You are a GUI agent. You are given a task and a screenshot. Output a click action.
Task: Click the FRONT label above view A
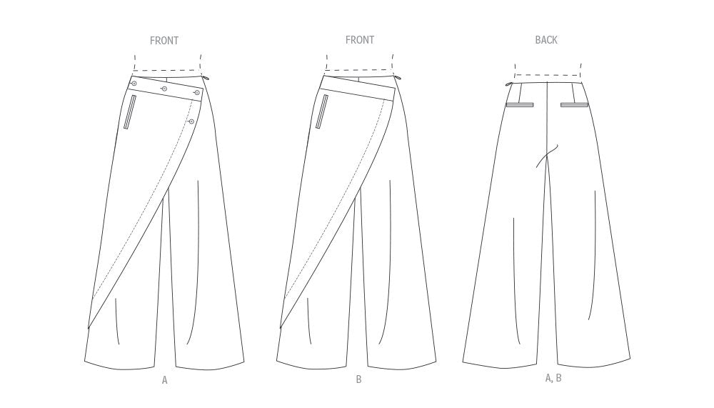pos(164,41)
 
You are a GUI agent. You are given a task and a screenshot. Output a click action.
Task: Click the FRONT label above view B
pos(360,40)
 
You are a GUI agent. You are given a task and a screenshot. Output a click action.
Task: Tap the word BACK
pos(546,40)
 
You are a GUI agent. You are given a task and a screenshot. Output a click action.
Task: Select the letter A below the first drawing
pos(165,379)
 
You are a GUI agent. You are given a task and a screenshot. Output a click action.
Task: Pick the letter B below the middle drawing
pos(359,379)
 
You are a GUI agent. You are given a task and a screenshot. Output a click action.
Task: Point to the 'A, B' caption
pos(553,378)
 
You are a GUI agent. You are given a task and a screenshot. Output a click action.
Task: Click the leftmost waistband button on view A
pos(134,84)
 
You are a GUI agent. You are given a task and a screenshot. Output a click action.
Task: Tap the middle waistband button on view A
pos(164,89)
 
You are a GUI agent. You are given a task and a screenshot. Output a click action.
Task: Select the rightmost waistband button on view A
pos(197,93)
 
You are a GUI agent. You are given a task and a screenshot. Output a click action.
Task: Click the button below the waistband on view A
pos(191,121)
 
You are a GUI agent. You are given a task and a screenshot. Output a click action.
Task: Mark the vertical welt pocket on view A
pos(129,112)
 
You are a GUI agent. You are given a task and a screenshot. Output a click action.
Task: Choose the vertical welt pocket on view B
pos(321,112)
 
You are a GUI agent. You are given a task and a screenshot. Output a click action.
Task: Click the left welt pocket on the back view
pos(520,105)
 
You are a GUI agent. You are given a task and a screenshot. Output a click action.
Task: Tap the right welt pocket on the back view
pos(575,105)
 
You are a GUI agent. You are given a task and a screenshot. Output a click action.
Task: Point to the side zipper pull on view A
pos(206,79)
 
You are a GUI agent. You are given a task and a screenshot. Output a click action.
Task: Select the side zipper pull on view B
pos(397,79)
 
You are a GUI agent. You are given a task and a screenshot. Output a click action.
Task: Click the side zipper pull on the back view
pos(510,84)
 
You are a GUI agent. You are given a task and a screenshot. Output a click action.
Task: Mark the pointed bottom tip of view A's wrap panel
pos(88,328)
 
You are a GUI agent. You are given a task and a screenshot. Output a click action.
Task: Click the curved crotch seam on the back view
pos(546,156)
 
